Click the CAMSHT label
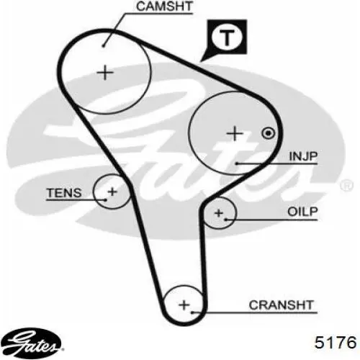164,6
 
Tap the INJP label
303,156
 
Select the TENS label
64,193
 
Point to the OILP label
302,212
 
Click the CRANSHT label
282,305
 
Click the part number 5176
336,342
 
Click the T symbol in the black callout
227,38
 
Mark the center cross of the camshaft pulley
105,73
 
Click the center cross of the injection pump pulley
235,133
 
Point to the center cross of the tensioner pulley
112,192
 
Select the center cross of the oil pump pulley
219,213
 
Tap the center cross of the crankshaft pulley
184,305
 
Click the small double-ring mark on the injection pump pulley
269,133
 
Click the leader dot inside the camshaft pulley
103,45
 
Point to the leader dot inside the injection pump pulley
236,163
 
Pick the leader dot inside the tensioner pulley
106,199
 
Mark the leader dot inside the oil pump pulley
225,219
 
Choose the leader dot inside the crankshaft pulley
192,312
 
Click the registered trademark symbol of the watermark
346,185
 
